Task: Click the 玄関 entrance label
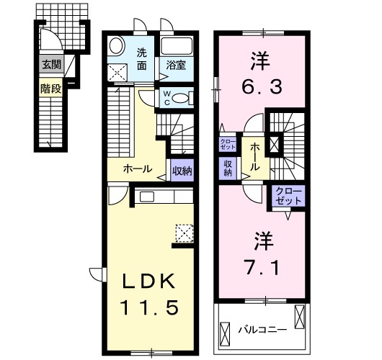click(50, 65)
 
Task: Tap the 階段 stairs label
click(50, 90)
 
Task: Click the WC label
click(165, 98)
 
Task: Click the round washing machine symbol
click(116, 47)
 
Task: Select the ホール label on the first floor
click(137, 170)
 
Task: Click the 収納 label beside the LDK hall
click(182, 171)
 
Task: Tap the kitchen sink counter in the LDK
click(162, 197)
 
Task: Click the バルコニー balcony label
click(263, 330)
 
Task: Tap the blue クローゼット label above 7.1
click(289, 195)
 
